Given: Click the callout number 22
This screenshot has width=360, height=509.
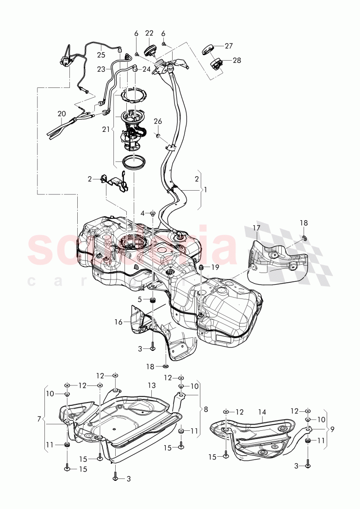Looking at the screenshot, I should [x=149, y=33].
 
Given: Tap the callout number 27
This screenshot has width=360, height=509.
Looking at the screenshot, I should [x=229, y=46].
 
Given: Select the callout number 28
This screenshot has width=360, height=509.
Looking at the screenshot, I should [x=236, y=61].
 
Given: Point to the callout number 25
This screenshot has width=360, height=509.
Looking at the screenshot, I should [x=101, y=55].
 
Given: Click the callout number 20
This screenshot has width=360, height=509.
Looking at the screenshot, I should [x=62, y=113].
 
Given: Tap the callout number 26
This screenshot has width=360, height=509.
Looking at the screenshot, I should [x=158, y=121].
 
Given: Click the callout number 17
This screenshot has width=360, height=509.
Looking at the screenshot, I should [x=256, y=228].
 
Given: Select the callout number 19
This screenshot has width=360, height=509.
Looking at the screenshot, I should [x=215, y=267].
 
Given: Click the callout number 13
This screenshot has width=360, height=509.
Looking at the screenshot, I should [x=151, y=385].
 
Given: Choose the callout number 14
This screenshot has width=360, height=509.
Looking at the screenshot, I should [x=262, y=411].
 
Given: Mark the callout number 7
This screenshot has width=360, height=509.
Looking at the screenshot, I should [x=39, y=419].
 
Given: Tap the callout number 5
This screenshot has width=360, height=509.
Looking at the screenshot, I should [x=139, y=299].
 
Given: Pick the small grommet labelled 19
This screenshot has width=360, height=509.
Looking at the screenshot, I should [x=202, y=267].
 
